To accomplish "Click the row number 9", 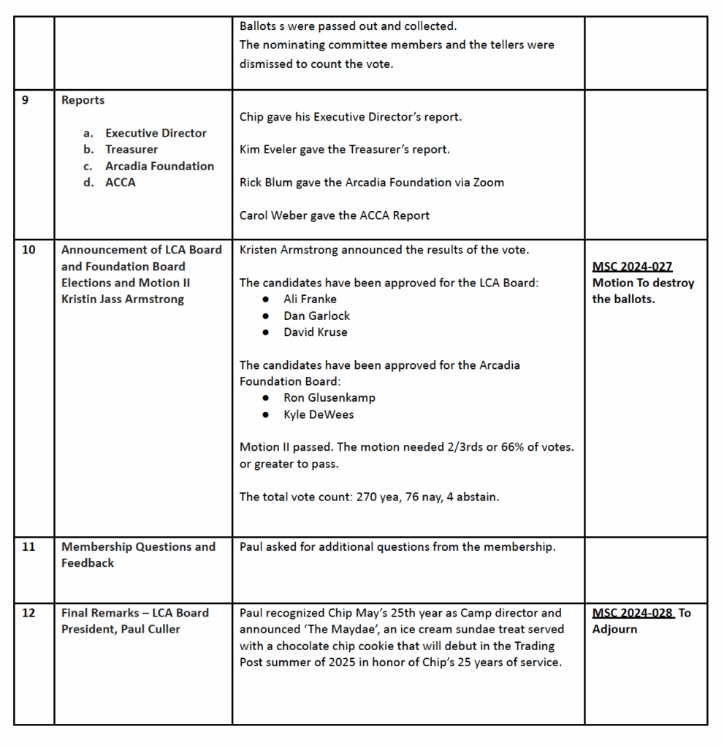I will pos(26,100).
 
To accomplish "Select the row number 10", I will pos(28,250).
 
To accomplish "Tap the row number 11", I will pos(28,546).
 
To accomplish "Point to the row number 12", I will pos(28,613).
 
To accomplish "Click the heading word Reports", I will pos(83,100).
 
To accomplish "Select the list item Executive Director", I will pos(156,133).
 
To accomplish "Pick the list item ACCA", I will pos(121,182).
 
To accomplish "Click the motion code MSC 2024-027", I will pos(632,267).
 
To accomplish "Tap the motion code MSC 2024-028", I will pos(633,613).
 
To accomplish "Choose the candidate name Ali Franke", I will pos(310,299).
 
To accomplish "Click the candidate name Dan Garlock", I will pos(316,316).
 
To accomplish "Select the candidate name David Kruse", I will pos(316,332).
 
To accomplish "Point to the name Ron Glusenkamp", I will pos(329,397).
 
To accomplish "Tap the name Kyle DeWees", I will pos(319,414).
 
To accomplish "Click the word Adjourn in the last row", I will pos(614,629).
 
